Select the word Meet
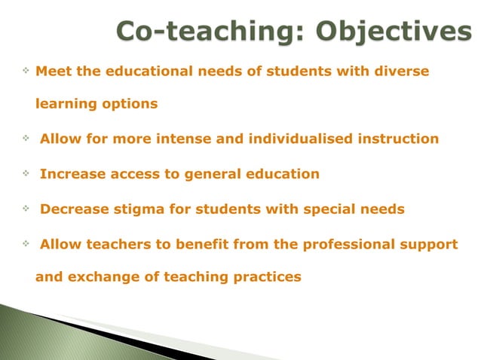click(x=52, y=71)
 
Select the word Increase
click(x=70, y=174)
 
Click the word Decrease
click(x=73, y=209)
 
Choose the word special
click(x=332, y=209)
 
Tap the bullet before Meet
click(x=26, y=70)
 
